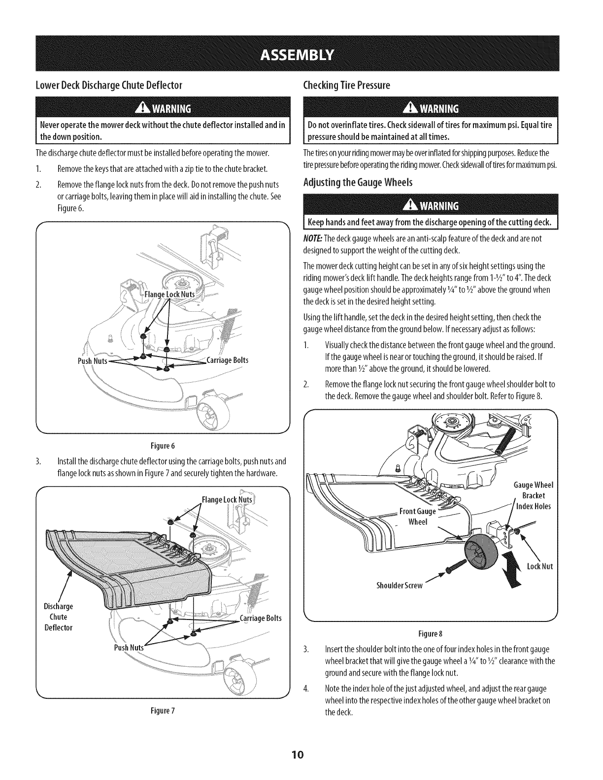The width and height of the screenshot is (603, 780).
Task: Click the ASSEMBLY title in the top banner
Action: (301, 53)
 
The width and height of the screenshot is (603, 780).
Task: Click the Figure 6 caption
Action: (162, 446)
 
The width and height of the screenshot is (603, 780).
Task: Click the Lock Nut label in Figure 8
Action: (540, 566)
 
